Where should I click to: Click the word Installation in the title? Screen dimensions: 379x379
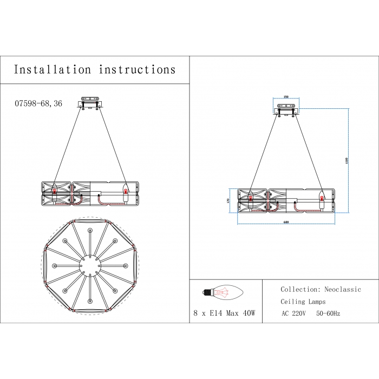53,70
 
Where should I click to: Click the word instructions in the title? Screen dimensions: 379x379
138,70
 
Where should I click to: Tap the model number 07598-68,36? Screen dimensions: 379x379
38,103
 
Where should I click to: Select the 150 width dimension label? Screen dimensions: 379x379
286,97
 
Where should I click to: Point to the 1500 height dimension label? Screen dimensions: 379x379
346,161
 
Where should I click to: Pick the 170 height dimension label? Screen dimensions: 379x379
228,200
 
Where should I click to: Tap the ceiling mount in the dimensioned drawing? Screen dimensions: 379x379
286,111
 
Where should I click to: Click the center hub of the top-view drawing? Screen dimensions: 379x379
90,265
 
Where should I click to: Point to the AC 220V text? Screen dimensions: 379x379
293,313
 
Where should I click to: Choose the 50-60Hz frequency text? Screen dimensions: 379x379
329,313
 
